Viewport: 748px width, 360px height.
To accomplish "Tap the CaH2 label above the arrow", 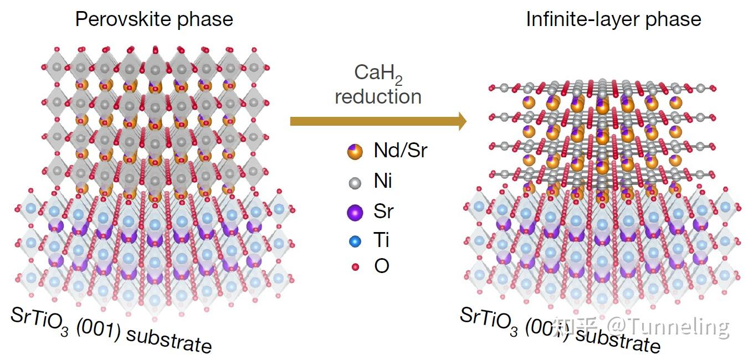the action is (378, 74).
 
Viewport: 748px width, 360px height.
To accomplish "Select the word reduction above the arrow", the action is (378, 97).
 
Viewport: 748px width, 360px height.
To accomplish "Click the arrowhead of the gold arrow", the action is (462, 121).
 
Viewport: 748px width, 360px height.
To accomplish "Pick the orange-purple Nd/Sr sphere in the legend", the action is (355, 152).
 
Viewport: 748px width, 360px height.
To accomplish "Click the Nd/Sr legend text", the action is (401, 151).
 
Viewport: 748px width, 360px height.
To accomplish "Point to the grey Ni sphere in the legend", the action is (355, 183).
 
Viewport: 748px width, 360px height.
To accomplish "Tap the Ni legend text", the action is (383, 181).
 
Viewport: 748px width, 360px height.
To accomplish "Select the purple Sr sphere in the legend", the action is (355, 213).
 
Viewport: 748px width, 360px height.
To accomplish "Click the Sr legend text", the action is (383, 211).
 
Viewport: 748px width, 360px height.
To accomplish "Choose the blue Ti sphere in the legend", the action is (355, 241).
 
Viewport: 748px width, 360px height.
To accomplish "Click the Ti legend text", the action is (381, 240).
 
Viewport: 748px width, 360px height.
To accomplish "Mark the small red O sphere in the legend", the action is (355, 267).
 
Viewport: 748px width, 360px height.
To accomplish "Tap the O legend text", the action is (382, 266).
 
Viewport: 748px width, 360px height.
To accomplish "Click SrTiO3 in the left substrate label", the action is (40, 321).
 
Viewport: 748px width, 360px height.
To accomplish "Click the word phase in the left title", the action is (205, 20).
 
